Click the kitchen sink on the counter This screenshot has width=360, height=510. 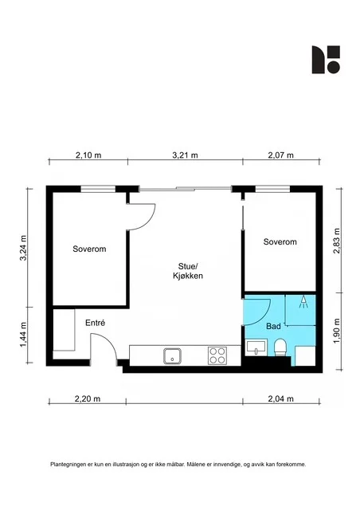tap(172, 356)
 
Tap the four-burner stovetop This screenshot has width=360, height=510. tap(217, 355)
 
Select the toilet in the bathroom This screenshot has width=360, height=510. tap(280, 347)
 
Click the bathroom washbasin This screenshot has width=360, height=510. tap(256, 347)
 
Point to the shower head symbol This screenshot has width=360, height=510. tap(303, 301)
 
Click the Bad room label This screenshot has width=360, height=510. tap(273, 326)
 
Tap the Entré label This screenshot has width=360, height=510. tap(95, 323)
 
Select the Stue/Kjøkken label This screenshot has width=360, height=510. tap(188, 271)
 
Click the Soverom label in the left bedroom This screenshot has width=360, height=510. tap(89, 249)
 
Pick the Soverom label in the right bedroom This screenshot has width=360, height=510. tap(280, 241)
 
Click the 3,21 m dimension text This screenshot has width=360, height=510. tap(185, 155)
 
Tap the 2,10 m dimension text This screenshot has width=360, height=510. tap(88, 155)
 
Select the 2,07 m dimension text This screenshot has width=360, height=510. tap(280, 155)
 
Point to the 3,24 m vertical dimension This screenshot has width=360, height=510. tap(23, 248)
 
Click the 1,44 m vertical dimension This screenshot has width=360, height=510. tap(23, 335)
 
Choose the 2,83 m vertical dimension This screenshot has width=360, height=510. tap(337, 241)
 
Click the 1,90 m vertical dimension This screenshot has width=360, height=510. tap(337, 331)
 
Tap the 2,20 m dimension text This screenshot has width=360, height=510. tap(88, 398)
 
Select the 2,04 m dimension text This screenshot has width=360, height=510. tap(280, 398)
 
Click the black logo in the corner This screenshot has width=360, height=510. tap(326, 60)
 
